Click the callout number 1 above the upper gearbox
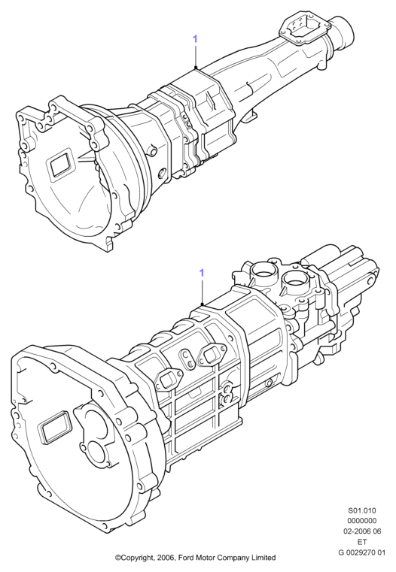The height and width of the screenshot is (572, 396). (195, 39)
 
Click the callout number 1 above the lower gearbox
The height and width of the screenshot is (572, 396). (202, 273)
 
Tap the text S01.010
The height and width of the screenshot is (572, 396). (361, 510)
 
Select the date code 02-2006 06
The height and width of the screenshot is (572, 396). (361, 531)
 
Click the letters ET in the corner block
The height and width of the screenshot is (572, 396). (362, 542)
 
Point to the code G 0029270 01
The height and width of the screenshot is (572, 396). (361, 552)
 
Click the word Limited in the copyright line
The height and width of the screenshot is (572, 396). (263, 558)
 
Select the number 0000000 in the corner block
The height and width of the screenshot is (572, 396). (361, 521)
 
